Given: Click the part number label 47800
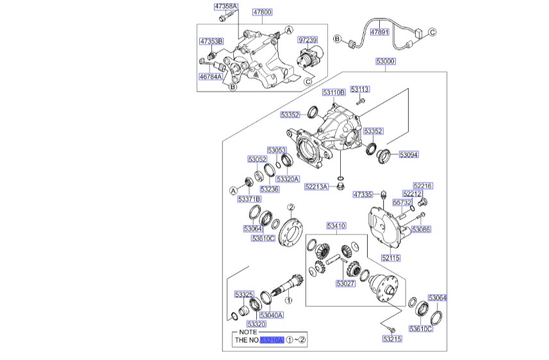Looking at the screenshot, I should click(262, 12).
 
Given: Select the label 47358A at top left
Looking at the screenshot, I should click(225, 7).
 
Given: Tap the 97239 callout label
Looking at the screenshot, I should click(308, 40).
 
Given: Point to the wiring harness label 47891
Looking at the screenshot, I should click(381, 31).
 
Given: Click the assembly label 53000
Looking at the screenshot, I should click(386, 61).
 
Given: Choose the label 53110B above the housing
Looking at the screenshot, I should click(334, 92).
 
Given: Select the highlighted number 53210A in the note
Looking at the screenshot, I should click(272, 341).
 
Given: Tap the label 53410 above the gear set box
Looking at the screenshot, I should click(336, 225).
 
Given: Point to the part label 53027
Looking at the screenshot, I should click(345, 282).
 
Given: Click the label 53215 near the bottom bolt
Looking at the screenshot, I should click(392, 338).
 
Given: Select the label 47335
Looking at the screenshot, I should click(363, 193).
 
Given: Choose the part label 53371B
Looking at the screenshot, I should click(249, 200).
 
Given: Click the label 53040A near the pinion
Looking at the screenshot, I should click(272, 315).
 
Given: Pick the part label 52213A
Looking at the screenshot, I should click(316, 186).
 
